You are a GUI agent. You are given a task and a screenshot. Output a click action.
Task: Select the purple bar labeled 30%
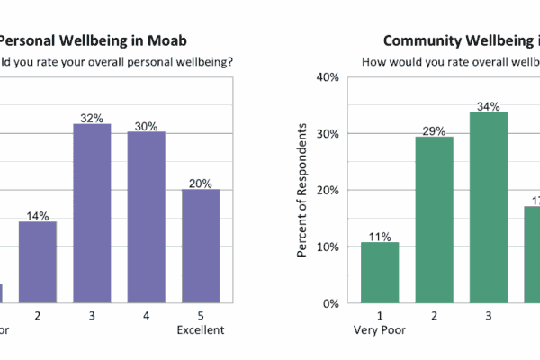tap(146, 218)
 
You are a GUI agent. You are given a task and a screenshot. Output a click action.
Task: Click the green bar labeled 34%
tap(488, 207)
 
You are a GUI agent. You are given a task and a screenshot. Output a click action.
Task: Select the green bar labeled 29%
tap(433, 220)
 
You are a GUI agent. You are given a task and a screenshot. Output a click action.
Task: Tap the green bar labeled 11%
tap(379, 273)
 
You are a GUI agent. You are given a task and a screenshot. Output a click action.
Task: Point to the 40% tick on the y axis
tap(326, 77)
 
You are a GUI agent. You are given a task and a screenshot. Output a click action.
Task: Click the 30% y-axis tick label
tap(326, 134)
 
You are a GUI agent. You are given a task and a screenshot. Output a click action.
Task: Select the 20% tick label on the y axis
tap(326, 191)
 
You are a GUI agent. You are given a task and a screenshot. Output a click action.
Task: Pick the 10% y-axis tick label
tap(326, 247)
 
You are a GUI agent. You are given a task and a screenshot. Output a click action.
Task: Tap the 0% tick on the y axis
tap(329, 304)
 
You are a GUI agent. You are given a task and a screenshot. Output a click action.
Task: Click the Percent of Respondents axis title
tap(302, 191)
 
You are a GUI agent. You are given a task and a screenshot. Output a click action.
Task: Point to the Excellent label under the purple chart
tap(200, 330)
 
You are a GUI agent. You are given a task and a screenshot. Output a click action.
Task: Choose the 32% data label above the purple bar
tap(92, 117)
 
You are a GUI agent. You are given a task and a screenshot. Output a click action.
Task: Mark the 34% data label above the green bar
tap(488, 105)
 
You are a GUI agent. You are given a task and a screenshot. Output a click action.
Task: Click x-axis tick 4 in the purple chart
tap(146, 316)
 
